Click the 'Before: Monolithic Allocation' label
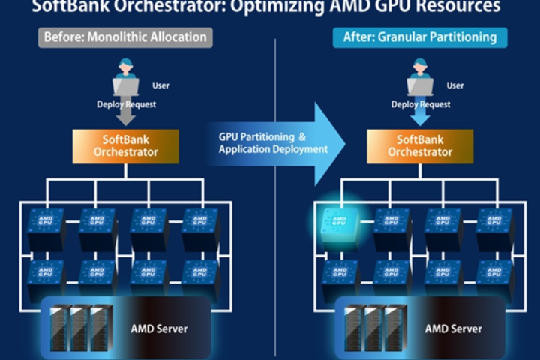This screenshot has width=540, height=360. point(125,37)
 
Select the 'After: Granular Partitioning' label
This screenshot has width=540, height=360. point(420,37)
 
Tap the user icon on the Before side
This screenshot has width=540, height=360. point(126,84)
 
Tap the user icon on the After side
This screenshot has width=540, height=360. point(420,84)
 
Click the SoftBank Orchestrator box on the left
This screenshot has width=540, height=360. point(126,145)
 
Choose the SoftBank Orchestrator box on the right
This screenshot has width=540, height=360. point(420,145)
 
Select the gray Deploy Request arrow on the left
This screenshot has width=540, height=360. point(126,115)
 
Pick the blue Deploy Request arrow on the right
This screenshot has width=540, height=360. point(420,115)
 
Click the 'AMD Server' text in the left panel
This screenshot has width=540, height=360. point(159,328)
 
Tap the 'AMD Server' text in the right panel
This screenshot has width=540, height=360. point(454,328)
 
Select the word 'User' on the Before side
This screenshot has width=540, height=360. point(160,85)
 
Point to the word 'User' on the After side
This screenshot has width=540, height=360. point(455,85)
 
